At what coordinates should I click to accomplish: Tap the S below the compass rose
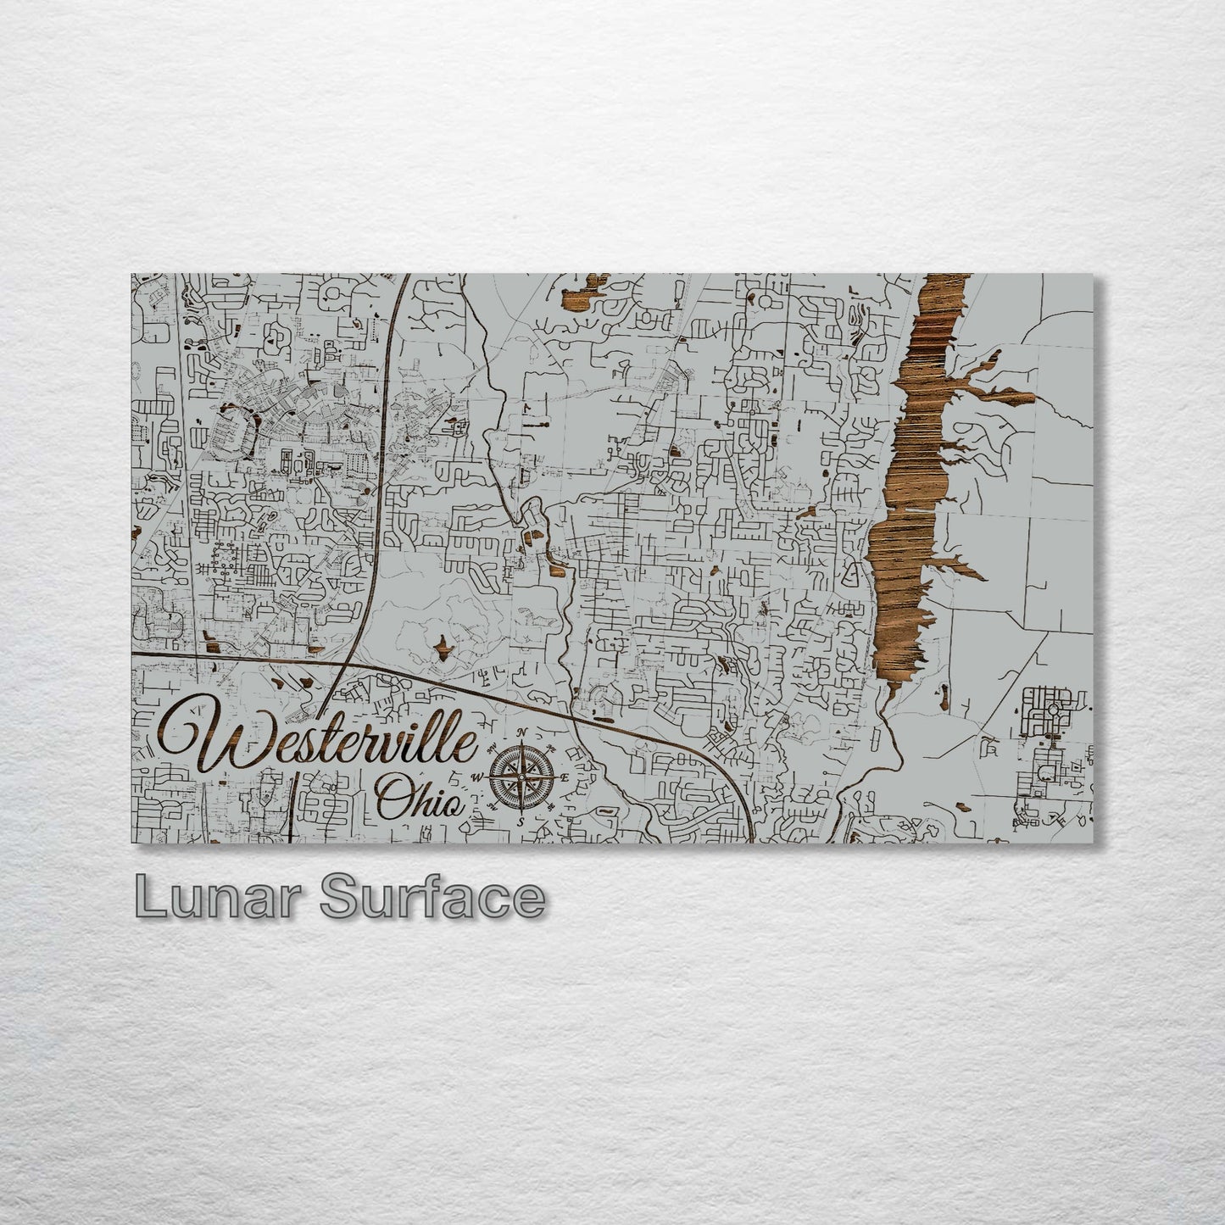pos(521,820)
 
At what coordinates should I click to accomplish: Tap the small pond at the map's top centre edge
pos(587,287)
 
